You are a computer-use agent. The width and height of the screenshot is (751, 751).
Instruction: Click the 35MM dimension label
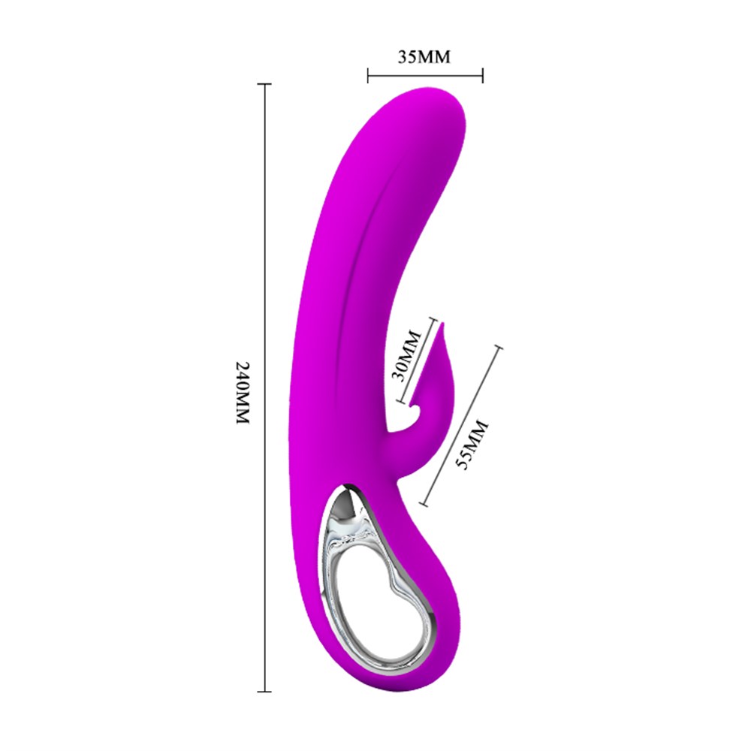424,56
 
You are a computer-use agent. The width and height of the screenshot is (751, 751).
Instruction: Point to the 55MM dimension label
472,445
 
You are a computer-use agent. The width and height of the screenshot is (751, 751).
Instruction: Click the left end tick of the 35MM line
368,74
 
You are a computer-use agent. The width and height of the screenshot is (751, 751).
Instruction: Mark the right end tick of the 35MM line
482,74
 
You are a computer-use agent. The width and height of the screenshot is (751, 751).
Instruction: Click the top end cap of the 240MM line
264,85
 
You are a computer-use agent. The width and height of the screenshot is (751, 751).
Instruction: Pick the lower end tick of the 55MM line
422,504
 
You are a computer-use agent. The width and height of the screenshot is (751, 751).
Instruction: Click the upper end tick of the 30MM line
434,321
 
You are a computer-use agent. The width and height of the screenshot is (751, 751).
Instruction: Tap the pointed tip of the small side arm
442,324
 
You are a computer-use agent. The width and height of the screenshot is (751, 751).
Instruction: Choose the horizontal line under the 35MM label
425,74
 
